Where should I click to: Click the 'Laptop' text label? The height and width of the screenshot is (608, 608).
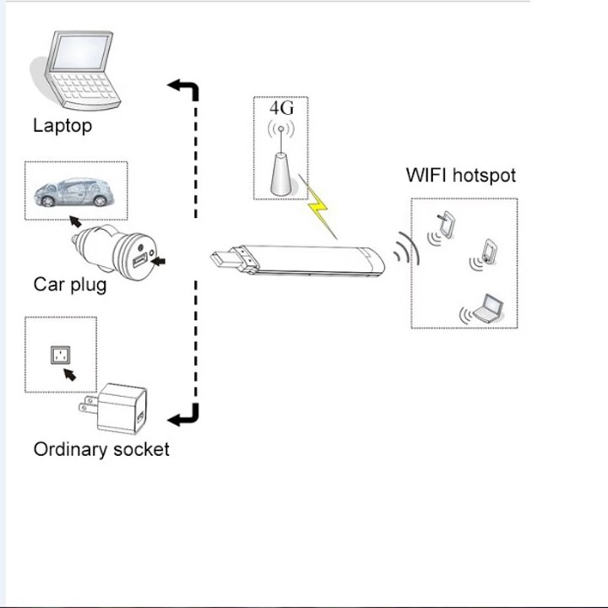coord(62,126)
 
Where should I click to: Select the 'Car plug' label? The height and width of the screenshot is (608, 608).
coord(70,284)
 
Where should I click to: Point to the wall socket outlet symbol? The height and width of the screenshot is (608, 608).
coord(60,355)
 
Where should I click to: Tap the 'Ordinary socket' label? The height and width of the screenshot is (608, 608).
coord(100,449)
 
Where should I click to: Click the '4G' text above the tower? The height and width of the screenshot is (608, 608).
coord(281,108)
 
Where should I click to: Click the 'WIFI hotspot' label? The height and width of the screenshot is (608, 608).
coord(460,176)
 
